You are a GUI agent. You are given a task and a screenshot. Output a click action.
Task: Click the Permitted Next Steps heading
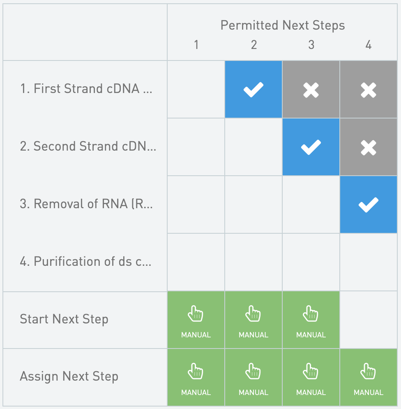point(283,25)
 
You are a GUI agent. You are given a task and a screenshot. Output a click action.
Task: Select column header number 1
point(196,45)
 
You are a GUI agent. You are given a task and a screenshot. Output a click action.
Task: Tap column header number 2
point(254,45)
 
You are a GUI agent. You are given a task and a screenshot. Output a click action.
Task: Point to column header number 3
point(311,45)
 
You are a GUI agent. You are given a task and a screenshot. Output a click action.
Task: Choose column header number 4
point(369,45)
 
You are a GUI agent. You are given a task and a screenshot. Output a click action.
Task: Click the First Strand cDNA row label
point(86,89)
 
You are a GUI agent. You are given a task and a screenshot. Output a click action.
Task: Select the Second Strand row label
point(88,146)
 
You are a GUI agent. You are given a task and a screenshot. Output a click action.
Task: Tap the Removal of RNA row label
point(86,204)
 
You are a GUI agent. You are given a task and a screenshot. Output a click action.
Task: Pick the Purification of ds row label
point(86,262)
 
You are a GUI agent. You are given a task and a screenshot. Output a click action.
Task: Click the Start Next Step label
point(64,319)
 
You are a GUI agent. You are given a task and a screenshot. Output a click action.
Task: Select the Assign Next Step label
point(69,376)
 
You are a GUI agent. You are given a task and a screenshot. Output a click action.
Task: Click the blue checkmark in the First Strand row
point(254,89)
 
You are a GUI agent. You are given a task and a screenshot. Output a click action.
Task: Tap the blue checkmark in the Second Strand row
point(311,147)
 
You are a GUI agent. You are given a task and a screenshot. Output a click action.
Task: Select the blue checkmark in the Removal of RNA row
point(369,205)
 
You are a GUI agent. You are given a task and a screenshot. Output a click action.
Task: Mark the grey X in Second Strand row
point(369,147)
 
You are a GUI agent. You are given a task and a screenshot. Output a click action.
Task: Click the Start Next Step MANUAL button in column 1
point(196,320)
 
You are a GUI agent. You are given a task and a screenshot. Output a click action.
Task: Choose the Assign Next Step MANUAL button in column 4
point(369,377)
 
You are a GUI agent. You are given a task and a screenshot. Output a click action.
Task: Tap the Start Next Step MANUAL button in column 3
point(311,320)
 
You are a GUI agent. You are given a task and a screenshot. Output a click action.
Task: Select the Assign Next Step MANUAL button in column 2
point(254,377)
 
